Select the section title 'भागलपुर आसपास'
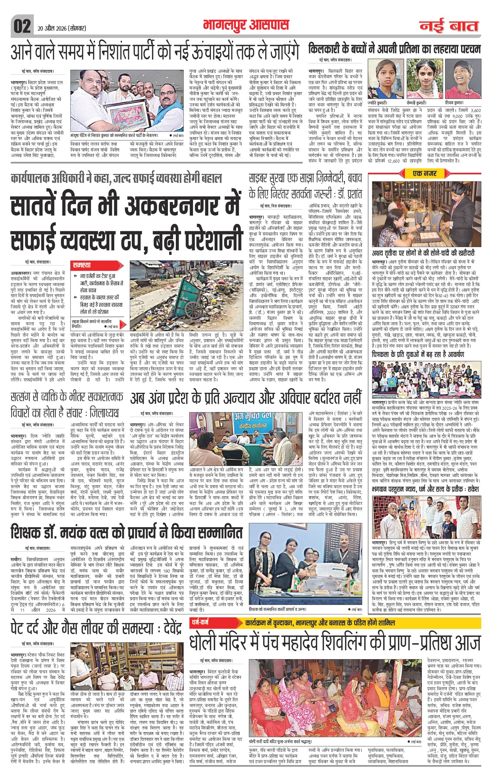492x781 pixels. click(x=246, y=25)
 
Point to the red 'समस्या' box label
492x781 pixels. click(x=82, y=264)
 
